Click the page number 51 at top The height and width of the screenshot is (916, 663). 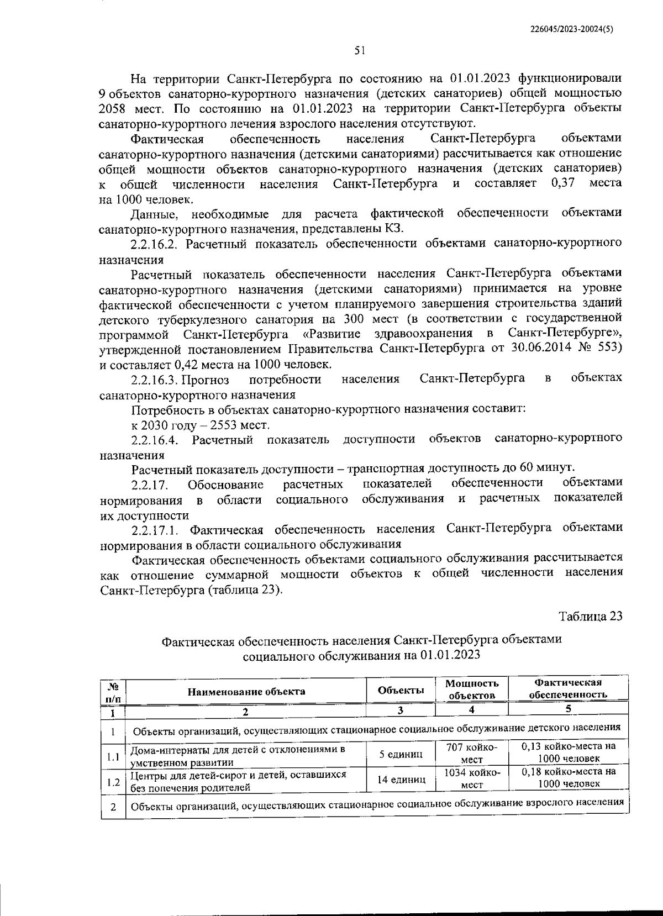point(360,50)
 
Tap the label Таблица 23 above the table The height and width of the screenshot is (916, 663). point(590,616)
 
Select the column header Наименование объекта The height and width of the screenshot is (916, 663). point(246,691)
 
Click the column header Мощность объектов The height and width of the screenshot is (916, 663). point(471,689)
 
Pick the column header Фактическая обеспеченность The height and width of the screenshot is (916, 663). point(568,689)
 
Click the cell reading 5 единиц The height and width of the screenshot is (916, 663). point(401,754)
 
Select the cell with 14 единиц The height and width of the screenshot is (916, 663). point(401,780)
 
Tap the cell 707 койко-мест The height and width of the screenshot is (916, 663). point(471,754)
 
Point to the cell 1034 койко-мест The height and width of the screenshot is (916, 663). point(471,779)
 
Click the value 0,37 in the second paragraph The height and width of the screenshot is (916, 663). point(563,183)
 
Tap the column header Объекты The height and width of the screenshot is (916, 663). point(401,691)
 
